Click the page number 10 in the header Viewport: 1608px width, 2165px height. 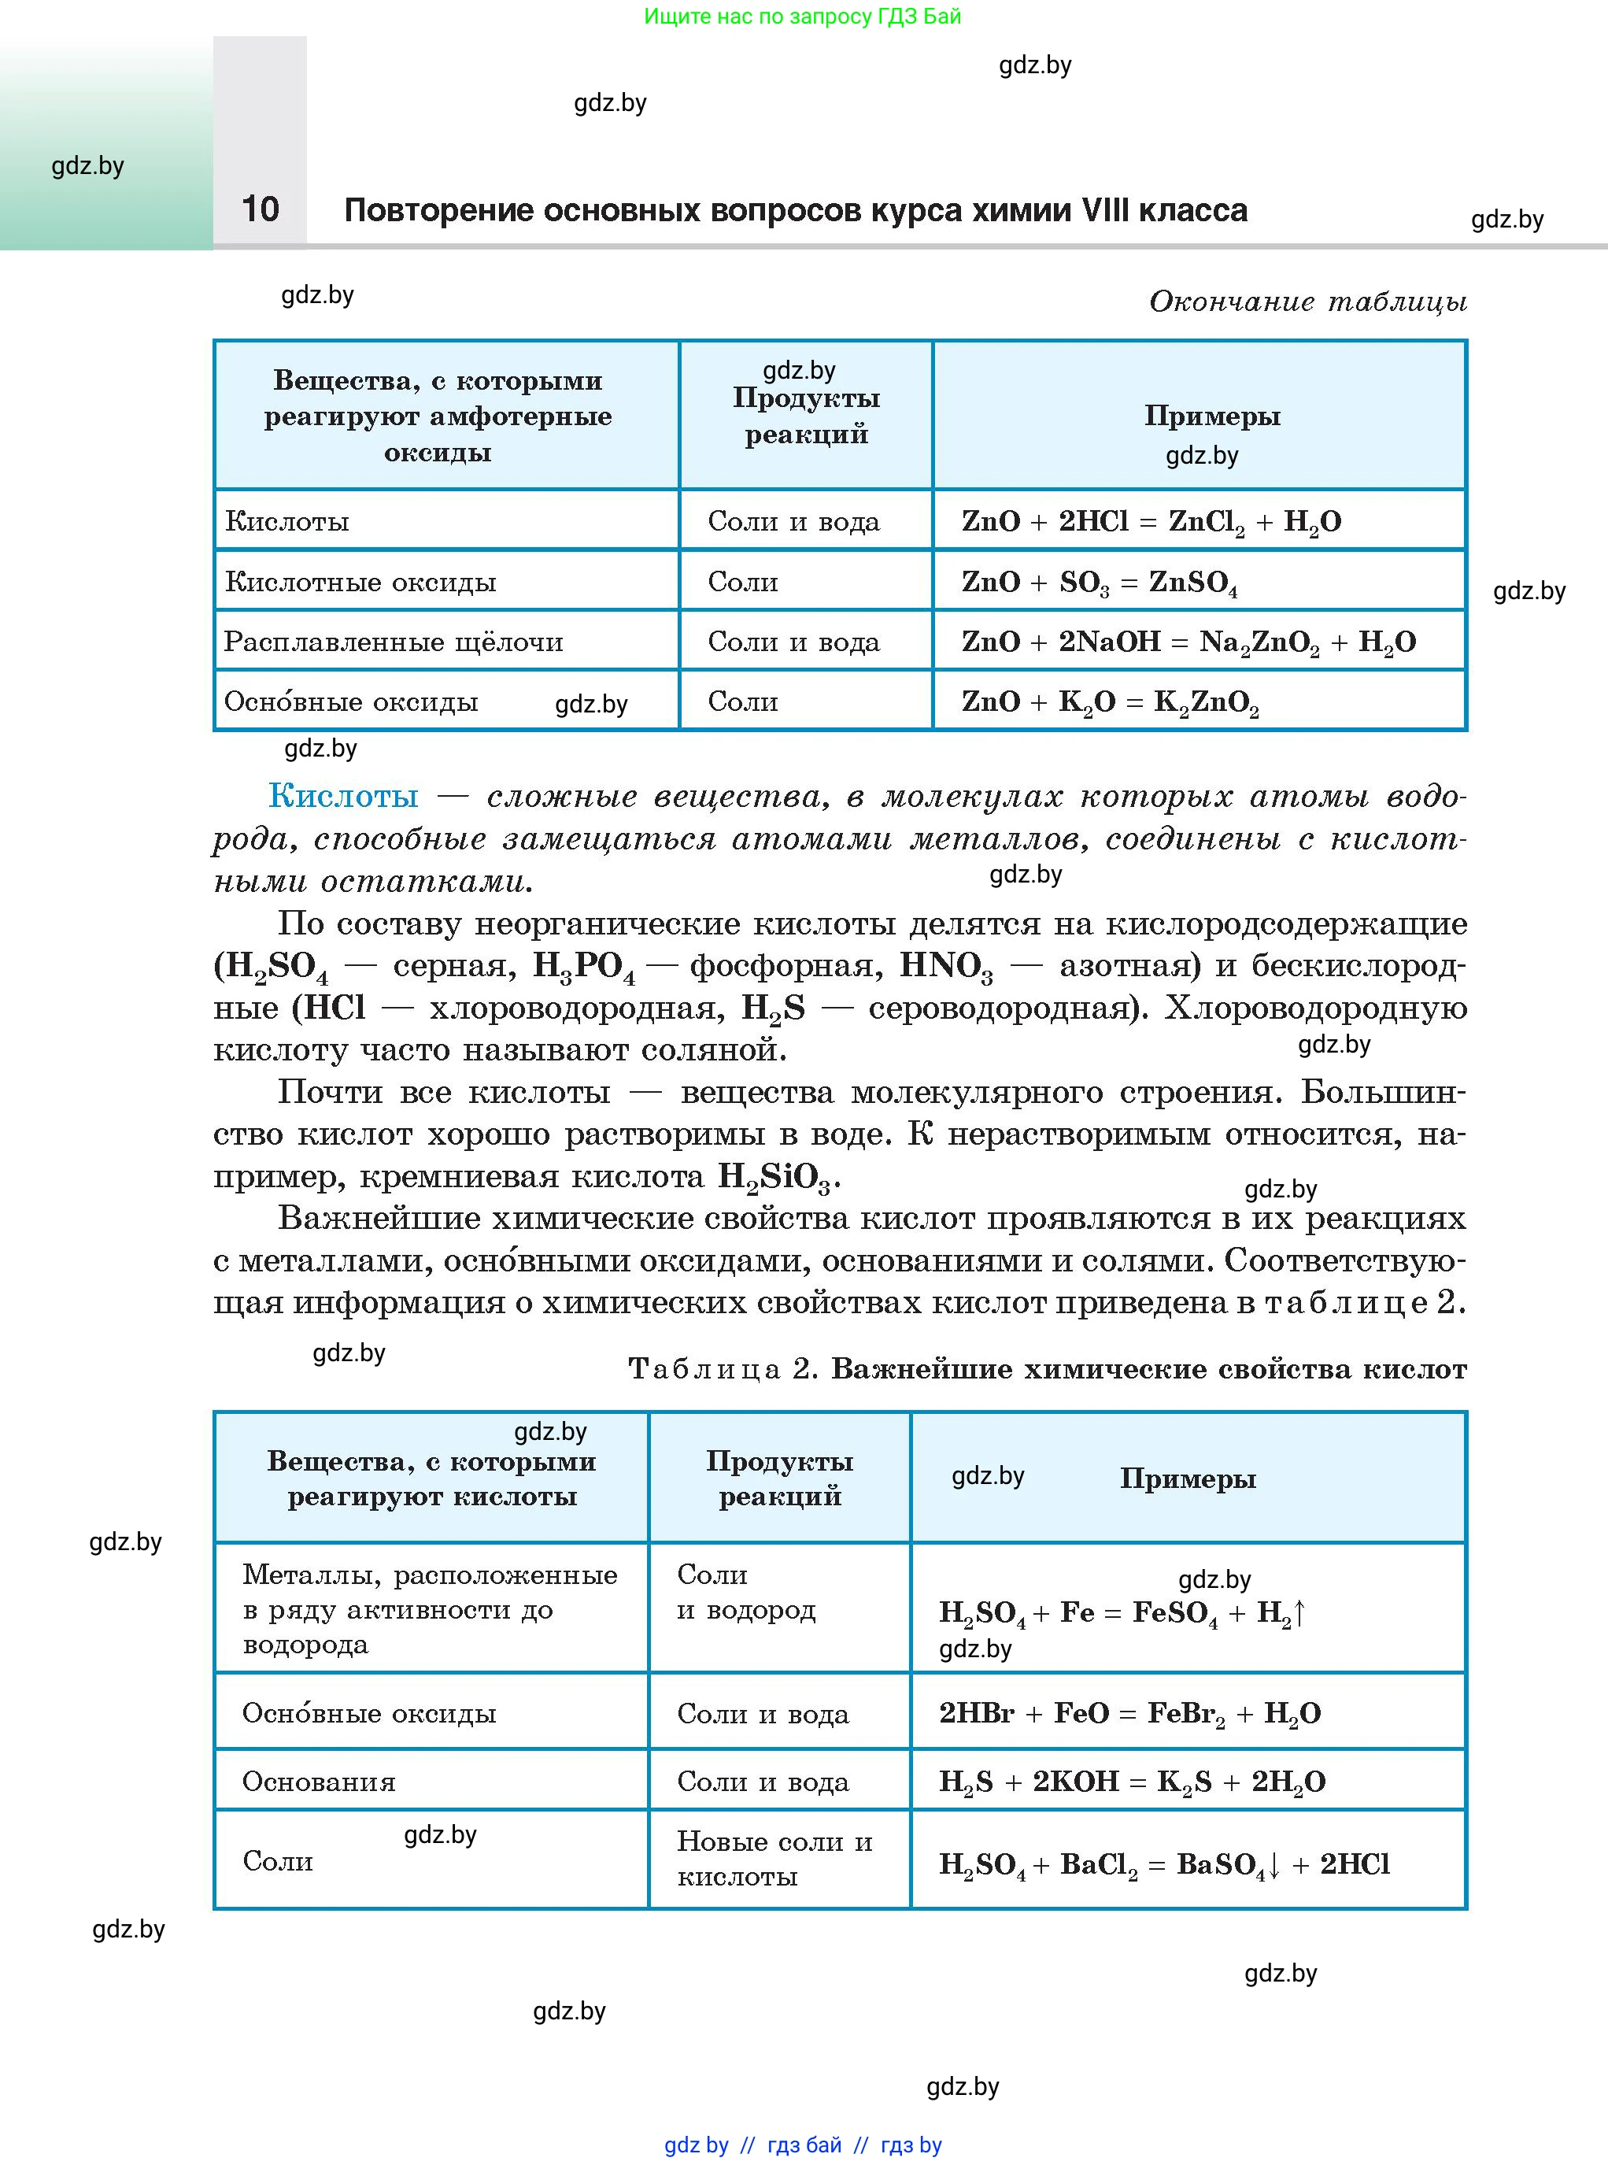(x=260, y=209)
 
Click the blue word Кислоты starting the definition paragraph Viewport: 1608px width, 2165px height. (x=344, y=795)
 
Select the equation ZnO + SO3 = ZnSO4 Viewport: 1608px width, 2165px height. (x=1099, y=582)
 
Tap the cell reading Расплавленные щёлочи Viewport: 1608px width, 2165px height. (x=394, y=642)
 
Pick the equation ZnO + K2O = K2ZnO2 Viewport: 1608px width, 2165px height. (x=1110, y=702)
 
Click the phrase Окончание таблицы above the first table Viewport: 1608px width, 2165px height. (x=1307, y=301)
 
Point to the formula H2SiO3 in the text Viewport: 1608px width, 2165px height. (x=774, y=1177)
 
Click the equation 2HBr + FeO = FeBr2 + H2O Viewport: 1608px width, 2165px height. (x=1129, y=1713)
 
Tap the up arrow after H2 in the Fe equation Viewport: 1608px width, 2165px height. (x=1299, y=1612)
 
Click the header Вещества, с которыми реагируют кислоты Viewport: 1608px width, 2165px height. (x=431, y=1478)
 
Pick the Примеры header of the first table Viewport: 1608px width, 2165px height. (x=1212, y=416)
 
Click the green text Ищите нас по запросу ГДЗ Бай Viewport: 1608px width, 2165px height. (x=802, y=17)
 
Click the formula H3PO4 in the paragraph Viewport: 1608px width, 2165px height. (x=583, y=966)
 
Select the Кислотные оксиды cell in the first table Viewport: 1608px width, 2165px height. (x=360, y=582)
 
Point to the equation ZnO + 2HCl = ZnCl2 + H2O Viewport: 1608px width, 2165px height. (x=1151, y=522)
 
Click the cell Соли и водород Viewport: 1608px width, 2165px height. (x=745, y=1592)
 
